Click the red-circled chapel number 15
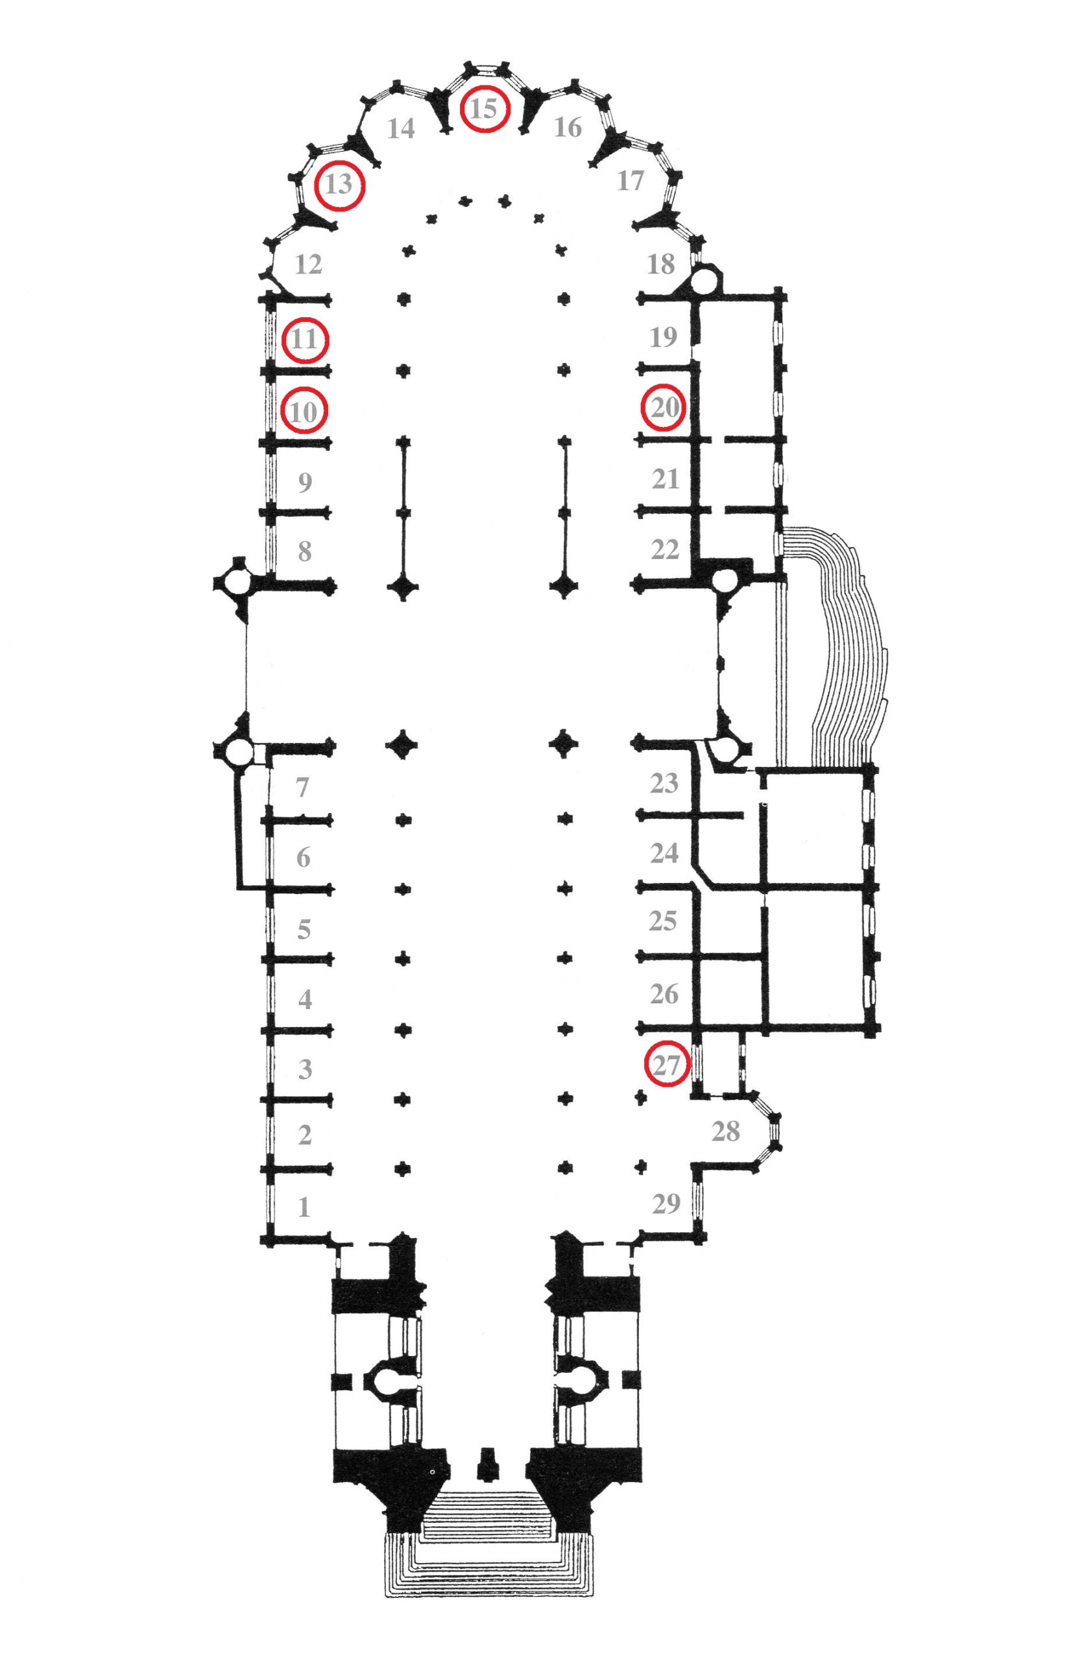(484, 108)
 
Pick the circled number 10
(303, 411)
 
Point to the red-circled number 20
(664, 407)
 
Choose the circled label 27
(666, 1064)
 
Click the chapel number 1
(304, 1207)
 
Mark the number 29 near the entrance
(666, 1204)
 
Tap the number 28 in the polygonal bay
(725, 1132)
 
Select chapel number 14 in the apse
(402, 128)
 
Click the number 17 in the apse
(631, 181)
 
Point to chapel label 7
(302, 788)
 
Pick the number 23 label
(664, 783)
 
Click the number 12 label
(309, 264)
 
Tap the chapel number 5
(304, 929)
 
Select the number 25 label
(663, 921)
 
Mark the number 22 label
(665, 550)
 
